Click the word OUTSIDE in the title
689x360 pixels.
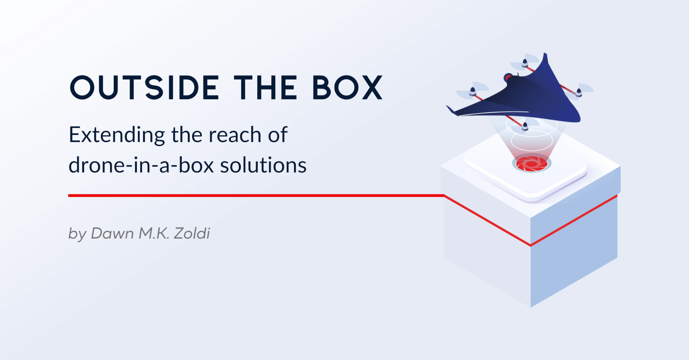[144, 87]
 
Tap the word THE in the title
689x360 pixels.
[266, 87]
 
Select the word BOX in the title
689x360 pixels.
[348, 87]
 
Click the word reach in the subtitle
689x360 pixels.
[235, 135]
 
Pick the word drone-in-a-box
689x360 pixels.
[141, 165]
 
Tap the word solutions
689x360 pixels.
[263, 165]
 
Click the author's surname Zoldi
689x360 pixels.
[192, 233]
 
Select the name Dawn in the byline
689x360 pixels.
[112, 233]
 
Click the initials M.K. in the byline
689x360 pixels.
[154, 233]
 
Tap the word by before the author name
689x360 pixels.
[77, 234]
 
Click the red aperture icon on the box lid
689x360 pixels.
[532, 164]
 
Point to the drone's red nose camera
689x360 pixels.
[508, 78]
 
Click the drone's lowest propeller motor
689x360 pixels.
[525, 127]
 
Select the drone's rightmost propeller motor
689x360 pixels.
[579, 92]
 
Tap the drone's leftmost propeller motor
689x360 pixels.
[473, 91]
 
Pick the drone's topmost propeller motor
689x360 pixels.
[524, 63]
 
